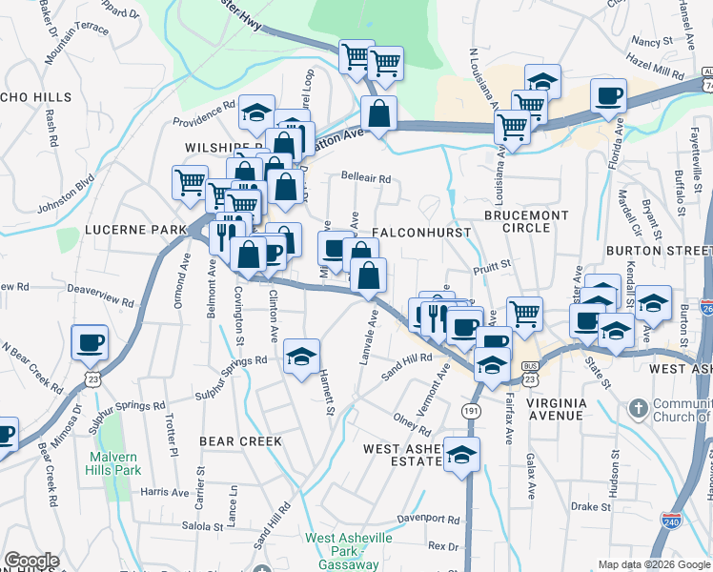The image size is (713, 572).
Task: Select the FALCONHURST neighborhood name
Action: (x=410, y=233)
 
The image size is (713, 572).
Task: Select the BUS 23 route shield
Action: (x=529, y=372)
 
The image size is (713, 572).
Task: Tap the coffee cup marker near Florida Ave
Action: (x=607, y=95)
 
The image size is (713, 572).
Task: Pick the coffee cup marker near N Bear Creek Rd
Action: (x=90, y=341)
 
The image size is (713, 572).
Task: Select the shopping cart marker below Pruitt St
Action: (x=523, y=312)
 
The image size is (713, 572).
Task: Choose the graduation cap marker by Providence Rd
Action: (x=256, y=112)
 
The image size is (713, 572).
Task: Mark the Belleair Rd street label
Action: (x=367, y=178)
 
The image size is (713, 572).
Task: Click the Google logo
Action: (x=31, y=561)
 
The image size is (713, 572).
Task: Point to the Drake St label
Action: (x=591, y=506)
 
